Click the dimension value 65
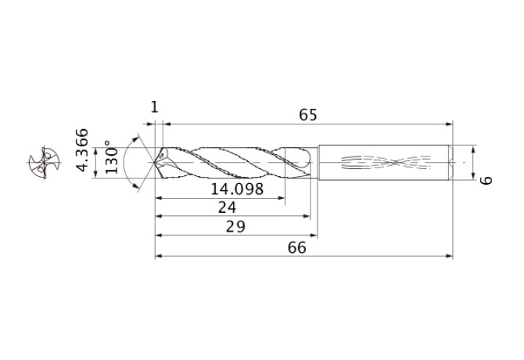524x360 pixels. (x=307, y=114)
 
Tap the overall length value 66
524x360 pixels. (x=296, y=247)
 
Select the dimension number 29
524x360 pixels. (x=235, y=227)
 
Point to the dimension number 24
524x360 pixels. (x=228, y=207)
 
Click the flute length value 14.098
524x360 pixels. (x=237, y=189)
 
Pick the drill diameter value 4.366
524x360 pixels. (x=82, y=149)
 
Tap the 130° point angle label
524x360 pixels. (x=112, y=157)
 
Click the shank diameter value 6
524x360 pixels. (x=486, y=180)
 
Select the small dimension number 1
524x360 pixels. (x=154, y=107)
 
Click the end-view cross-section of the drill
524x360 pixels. (x=44, y=163)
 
